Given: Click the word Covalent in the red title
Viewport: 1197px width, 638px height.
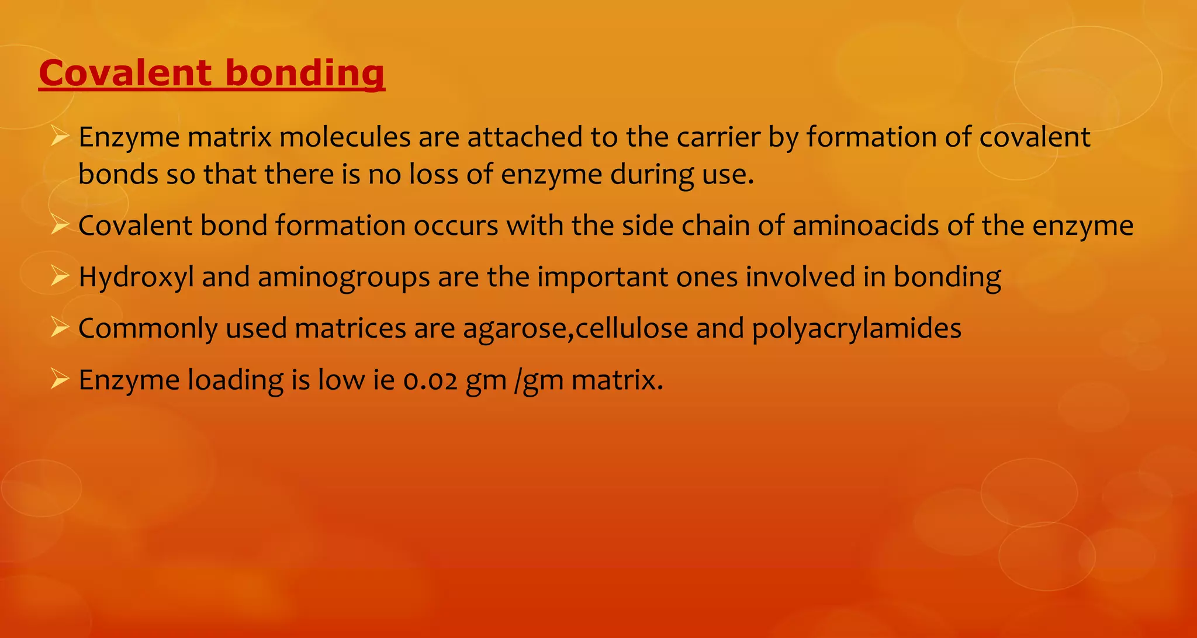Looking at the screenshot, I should (125, 74).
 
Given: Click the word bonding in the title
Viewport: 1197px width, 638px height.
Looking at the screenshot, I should (305, 75).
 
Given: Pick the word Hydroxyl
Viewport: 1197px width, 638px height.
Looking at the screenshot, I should (136, 277).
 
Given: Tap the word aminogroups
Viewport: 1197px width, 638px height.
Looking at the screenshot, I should (344, 277).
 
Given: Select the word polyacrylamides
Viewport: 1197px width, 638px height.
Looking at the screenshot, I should (856, 328).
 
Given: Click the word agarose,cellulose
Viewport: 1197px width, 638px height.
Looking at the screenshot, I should (575, 328).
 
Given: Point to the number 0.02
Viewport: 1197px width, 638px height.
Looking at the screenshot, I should (430, 380).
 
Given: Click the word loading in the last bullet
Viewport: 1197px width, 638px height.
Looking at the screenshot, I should (235, 380).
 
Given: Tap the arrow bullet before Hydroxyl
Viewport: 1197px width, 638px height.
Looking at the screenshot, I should (60, 275).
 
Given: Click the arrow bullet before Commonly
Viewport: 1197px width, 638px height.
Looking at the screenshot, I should (60, 327).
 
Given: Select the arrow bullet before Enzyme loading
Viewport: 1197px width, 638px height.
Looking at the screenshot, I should (60, 378).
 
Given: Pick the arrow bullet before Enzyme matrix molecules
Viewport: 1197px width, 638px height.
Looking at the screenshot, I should (60, 137).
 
